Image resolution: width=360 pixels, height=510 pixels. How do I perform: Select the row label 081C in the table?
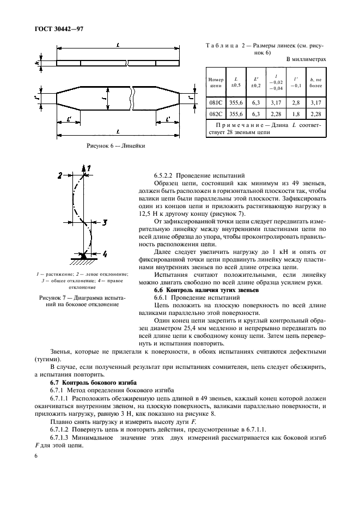point(216,101)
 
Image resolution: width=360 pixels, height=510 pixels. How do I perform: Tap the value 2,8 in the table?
point(296,101)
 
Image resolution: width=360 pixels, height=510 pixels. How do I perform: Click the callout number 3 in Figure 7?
point(105,222)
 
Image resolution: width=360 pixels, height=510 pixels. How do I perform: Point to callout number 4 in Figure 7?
point(105,254)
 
